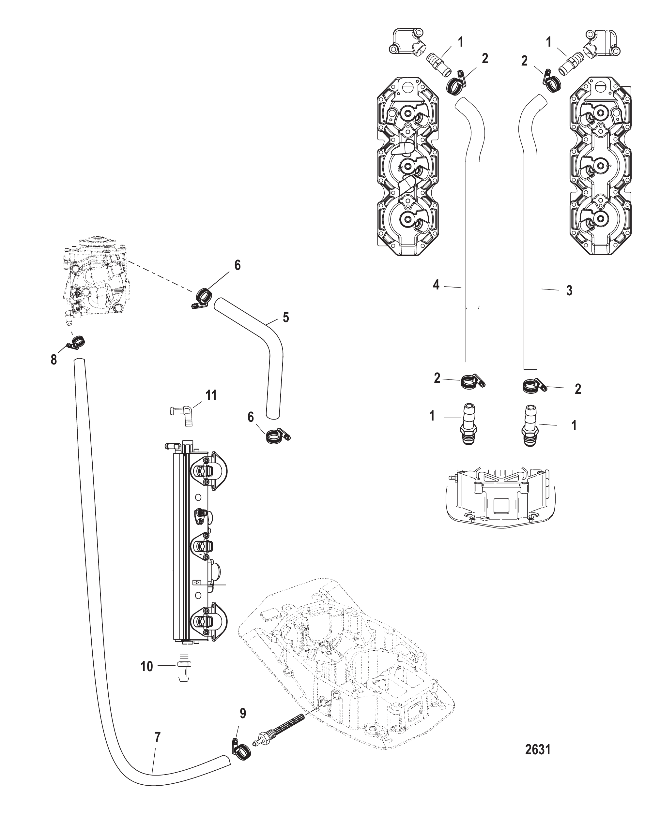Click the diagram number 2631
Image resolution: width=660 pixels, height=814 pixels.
pyautogui.click(x=538, y=749)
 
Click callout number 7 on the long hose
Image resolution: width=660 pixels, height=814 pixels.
pyautogui.click(x=157, y=738)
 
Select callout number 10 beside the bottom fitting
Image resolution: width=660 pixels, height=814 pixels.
pyautogui.click(x=147, y=666)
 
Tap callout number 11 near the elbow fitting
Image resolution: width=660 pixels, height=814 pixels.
pyautogui.click(x=211, y=395)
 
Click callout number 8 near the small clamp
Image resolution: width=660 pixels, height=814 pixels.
pyautogui.click(x=54, y=359)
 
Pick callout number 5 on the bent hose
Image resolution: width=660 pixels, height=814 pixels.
pyautogui.click(x=286, y=318)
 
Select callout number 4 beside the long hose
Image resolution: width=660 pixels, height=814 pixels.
pyautogui.click(x=436, y=285)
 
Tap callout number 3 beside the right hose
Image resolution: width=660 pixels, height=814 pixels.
pyautogui.click(x=569, y=290)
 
